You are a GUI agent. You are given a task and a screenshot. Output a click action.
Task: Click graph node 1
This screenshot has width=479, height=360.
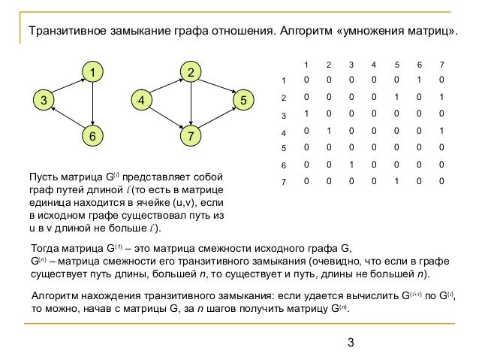(x=92, y=72)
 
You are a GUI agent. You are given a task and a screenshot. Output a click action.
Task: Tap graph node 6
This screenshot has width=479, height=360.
(x=92, y=137)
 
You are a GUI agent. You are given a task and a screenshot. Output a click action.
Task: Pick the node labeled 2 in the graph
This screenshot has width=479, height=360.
(x=191, y=72)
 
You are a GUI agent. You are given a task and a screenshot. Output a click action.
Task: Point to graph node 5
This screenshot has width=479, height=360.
(x=243, y=99)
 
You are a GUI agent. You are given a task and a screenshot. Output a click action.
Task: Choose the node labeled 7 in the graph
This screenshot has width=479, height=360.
(x=191, y=137)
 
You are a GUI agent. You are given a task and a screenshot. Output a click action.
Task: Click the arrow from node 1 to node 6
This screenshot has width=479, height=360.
(x=92, y=104)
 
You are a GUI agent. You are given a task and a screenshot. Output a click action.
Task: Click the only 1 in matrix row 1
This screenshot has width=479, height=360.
(x=420, y=80)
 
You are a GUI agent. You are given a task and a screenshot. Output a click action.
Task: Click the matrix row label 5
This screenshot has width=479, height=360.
(x=283, y=148)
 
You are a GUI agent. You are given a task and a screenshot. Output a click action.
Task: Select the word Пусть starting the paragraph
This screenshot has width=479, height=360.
(x=42, y=178)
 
